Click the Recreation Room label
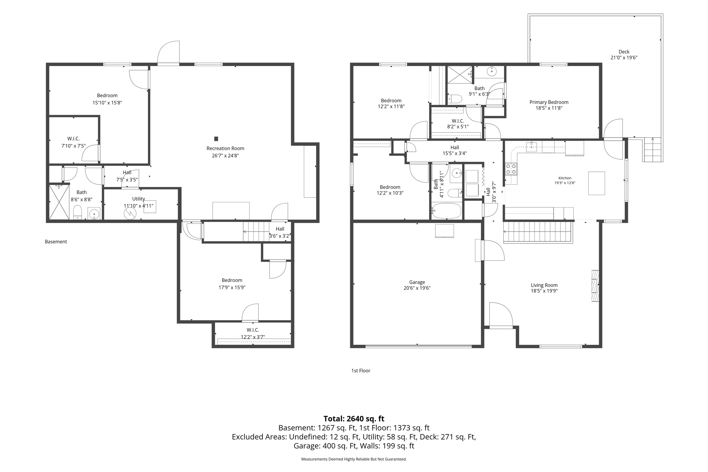(225, 149)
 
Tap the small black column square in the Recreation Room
(216, 139)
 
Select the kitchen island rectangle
(597, 183)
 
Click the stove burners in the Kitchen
(511, 169)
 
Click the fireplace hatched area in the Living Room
(595, 285)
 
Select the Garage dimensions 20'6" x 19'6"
(417, 288)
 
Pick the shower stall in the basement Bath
(59, 202)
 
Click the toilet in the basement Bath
(77, 212)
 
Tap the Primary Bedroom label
(549, 102)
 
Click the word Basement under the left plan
(56, 242)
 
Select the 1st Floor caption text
(361, 371)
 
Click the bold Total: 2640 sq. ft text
(354, 419)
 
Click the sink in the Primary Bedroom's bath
(492, 72)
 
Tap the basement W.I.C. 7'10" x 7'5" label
(73, 142)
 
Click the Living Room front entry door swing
(501, 314)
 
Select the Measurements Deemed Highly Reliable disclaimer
(354, 459)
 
